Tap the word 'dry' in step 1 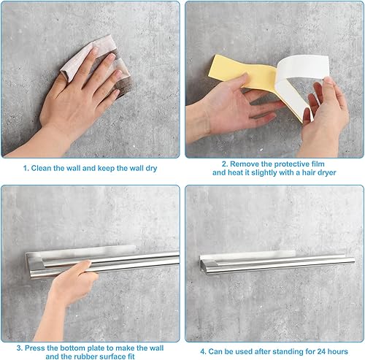[x=151, y=169]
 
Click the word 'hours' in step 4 [x=338, y=351]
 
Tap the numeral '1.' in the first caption [x=26, y=168]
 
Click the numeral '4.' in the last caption [x=204, y=351]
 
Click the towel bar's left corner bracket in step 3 [x=34, y=264]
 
